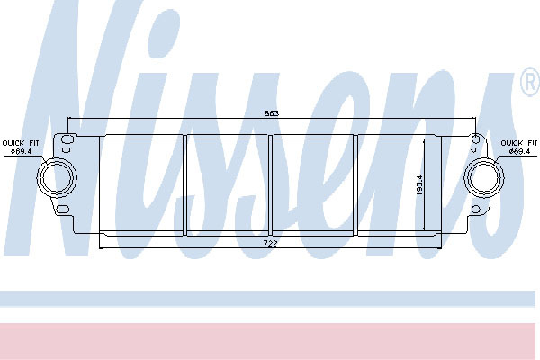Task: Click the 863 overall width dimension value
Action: [x=272, y=113]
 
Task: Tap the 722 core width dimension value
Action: [x=270, y=244]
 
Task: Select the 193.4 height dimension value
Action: [x=419, y=185]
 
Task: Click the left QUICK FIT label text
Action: [x=21, y=143]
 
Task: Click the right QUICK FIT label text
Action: [x=519, y=143]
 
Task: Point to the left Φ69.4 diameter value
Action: [x=21, y=151]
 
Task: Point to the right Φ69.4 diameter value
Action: [x=519, y=151]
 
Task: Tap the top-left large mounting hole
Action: [x=67, y=139]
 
